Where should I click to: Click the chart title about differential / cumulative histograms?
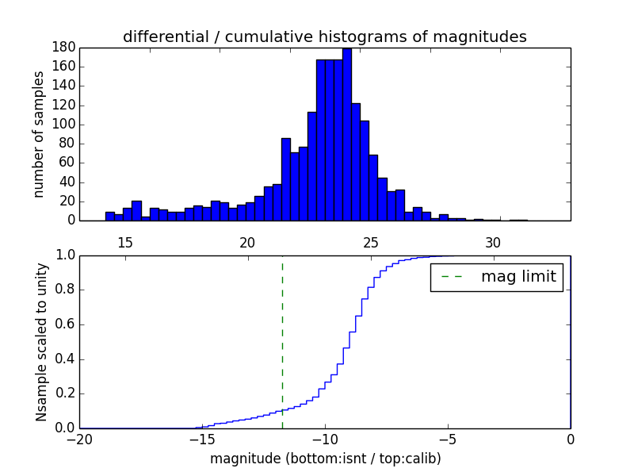point(325,36)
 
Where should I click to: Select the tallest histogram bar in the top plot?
point(347,135)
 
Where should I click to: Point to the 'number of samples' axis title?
point(39,134)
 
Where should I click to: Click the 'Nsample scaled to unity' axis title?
point(41,341)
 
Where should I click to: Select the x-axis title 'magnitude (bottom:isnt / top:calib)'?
point(325,459)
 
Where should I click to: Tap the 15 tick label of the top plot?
point(124,242)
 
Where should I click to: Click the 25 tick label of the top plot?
point(370,242)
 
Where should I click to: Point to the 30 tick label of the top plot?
point(493,242)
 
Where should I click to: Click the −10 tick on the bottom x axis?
point(324,439)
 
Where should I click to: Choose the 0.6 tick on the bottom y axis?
point(63,324)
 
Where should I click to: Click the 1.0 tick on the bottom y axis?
point(63,255)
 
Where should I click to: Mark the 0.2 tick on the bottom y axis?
point(63,393)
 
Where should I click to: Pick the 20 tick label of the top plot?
point(247,242)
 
